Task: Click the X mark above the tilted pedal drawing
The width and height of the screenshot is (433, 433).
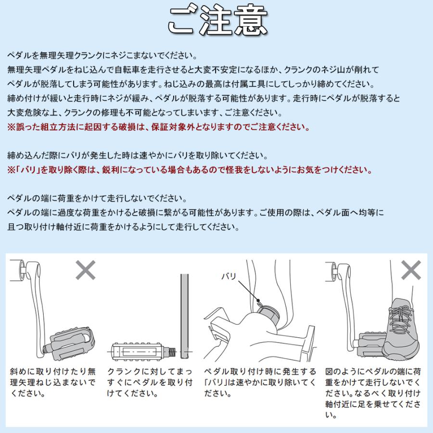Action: click(x=86, y=270)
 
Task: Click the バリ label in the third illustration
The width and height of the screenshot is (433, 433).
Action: click(x=229, y=276)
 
